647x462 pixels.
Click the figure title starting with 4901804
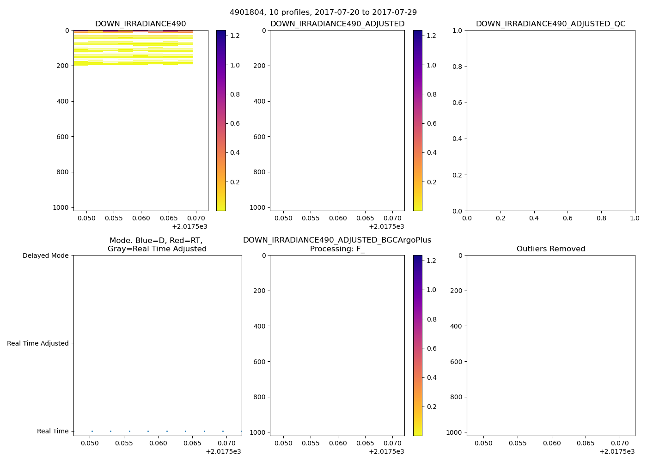[x=323, y=12]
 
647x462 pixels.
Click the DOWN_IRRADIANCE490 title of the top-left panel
[x=140, y=24]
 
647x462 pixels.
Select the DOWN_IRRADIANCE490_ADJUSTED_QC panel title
[x=550, y=24]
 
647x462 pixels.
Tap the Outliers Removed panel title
[x=551, y=249]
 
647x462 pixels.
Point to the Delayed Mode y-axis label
[x=45, y=255]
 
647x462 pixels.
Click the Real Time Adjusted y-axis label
[x=38, y=343]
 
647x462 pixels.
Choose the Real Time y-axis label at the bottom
[x=53, y=431]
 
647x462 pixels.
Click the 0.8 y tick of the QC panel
[x=457, y=67]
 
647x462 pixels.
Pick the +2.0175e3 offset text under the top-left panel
[x=189, y=226]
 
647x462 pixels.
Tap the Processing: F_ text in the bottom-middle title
[x=337, y=249]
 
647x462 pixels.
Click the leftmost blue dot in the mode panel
[x=92, y=431]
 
